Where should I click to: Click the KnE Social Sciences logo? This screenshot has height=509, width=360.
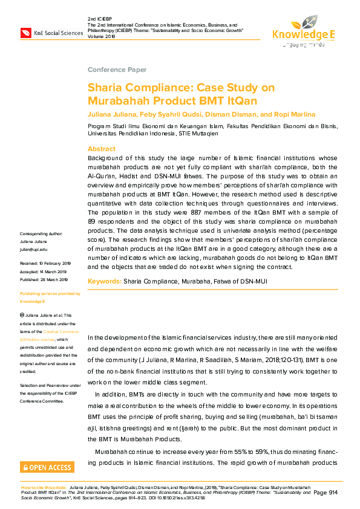[x=51, y=33]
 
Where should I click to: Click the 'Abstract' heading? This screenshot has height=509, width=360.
[x=101, y=149]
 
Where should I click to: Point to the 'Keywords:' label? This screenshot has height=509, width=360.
[x=104, y=281]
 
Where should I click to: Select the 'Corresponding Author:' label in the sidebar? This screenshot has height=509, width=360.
[x=45, y=233]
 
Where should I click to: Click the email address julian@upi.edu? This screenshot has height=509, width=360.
[x=33, y=249]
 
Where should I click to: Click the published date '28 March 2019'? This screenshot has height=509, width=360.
[x=55, y=280]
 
